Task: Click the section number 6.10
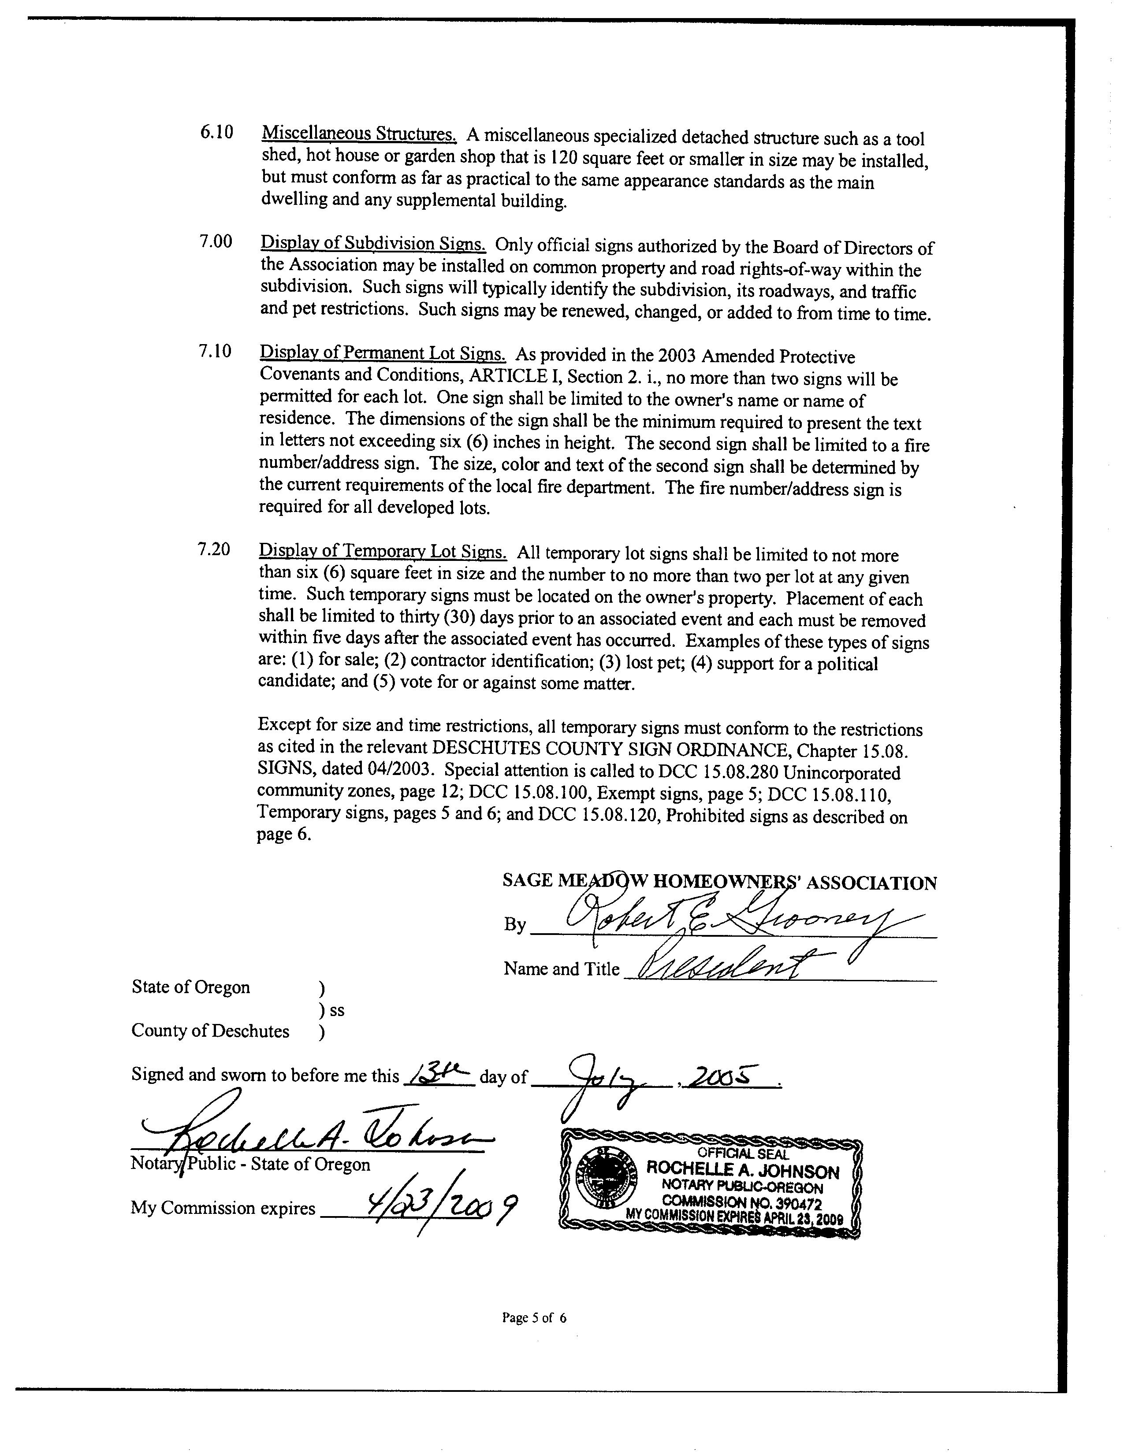[216, 133]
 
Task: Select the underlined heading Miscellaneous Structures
[359, 134]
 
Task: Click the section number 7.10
[215, 352]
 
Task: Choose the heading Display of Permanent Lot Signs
[383, 353]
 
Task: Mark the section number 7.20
[214, 549]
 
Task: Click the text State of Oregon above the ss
[191, 987]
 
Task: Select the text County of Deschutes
[210, 1031]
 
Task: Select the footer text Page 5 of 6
[534, 1317]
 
